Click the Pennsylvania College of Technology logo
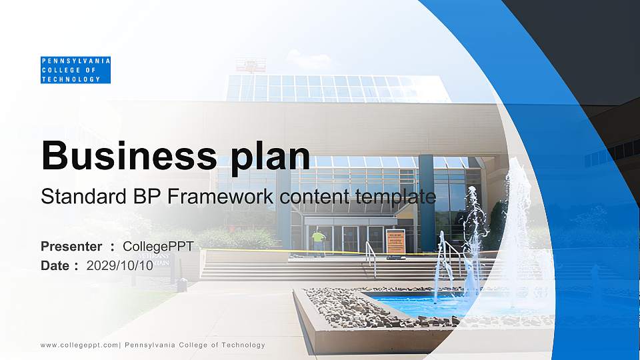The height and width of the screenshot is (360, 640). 75,70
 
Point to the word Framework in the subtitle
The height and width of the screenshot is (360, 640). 222,197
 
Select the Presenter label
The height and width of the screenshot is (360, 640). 71,247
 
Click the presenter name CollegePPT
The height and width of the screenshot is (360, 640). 158,247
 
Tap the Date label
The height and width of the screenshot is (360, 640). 55,265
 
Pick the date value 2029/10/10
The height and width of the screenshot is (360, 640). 120,265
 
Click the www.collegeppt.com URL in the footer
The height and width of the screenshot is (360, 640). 79,345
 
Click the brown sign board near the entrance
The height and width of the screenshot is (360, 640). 395,241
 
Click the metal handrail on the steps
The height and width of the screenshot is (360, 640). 371,257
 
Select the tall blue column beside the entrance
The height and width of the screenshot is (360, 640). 426,200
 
